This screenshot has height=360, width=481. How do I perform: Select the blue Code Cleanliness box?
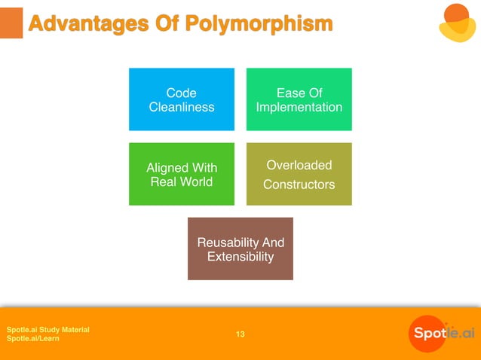[181, 99]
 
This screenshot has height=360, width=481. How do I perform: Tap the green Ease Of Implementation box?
[299, 99]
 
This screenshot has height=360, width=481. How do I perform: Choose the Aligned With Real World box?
[181, 174]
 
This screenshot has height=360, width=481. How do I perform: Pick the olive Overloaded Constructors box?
[299, 174]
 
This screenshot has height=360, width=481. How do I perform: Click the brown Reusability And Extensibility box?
[240, 249]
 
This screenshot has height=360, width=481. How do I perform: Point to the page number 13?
[240, 334]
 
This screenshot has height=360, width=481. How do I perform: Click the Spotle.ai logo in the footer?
[442, 333]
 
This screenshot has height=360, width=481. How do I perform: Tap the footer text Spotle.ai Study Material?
[48, 330]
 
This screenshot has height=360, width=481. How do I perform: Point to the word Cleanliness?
[181, 107]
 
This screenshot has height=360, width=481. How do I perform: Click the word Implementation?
[299, 107]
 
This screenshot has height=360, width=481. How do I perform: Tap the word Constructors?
[299, 184]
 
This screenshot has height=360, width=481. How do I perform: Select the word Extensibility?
[240, 257]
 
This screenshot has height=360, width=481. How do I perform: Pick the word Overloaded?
[299, 165]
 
